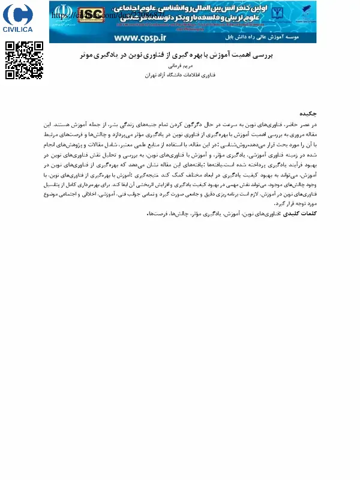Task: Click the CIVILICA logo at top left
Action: coord(18,18)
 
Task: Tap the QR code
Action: coord(24,60)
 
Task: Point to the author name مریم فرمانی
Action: coord(176,67)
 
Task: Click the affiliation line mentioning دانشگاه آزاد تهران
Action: coord(176,76)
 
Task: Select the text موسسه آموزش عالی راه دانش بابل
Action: coord(276,37)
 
